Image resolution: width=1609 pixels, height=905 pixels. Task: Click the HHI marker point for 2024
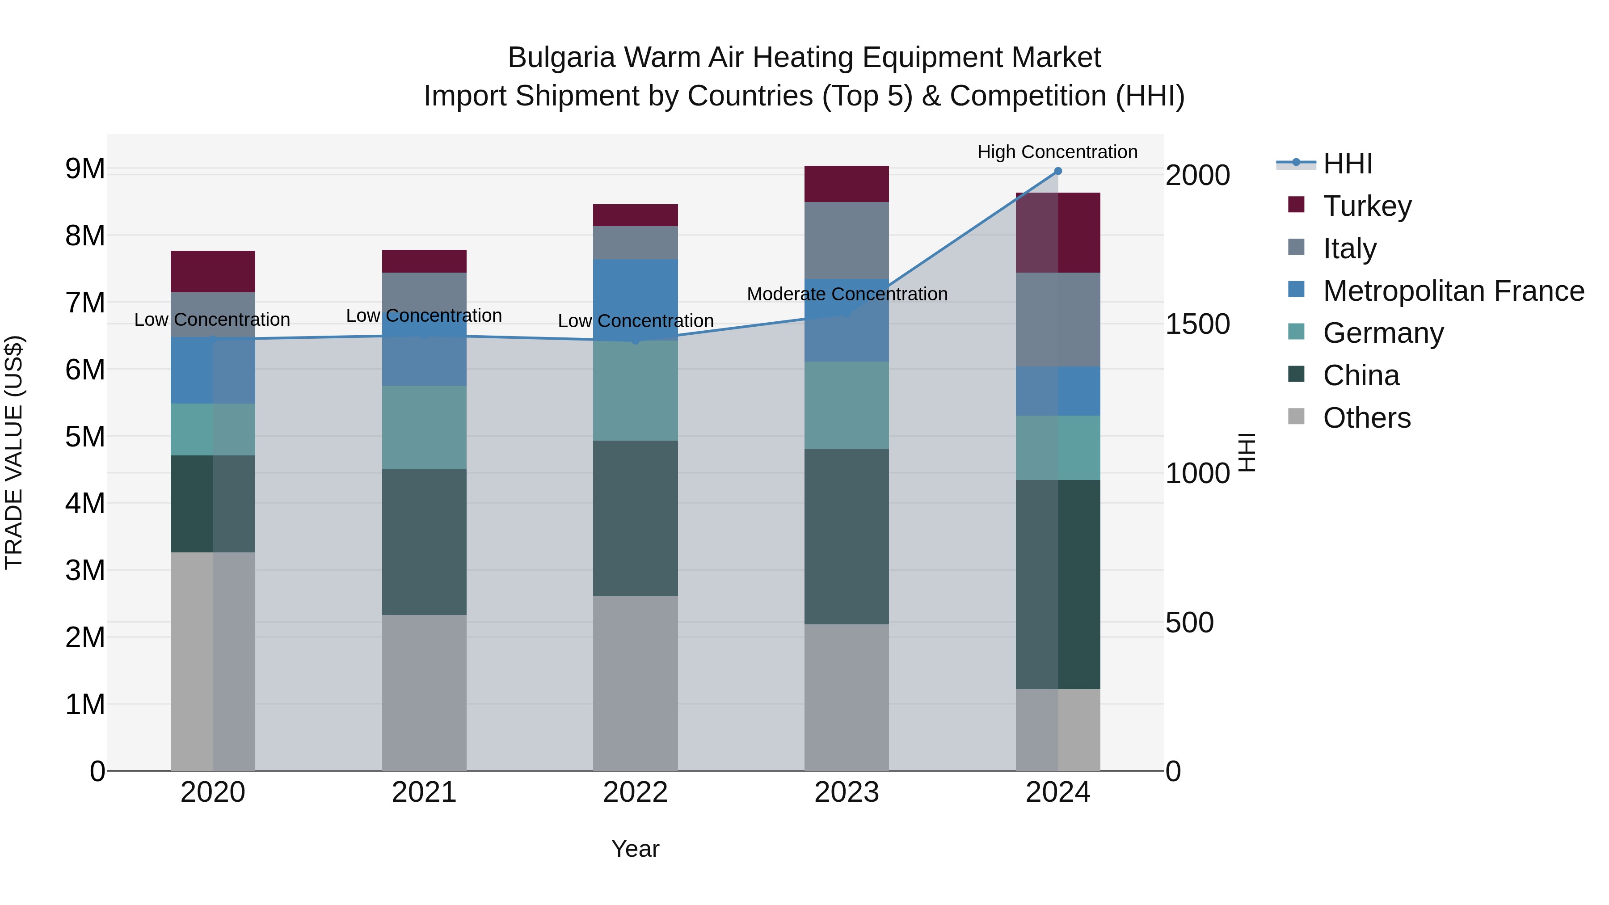[x=1057, y=171]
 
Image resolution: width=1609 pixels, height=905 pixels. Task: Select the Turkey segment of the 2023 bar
[x=847, y=184]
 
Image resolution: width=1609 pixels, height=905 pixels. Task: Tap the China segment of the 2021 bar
[x=424, y=542]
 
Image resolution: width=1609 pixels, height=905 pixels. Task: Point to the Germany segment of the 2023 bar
[x=847, y=405]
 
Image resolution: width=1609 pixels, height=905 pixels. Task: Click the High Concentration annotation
[x=1057, y=152]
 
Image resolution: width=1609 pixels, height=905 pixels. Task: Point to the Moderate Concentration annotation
[x=847, y=294]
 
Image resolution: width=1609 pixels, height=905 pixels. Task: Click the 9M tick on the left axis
[x=85, y=168]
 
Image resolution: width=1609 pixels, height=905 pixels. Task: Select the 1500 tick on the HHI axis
[x=1197, y=324]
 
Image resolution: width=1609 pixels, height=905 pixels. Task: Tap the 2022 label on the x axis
[x=635, y=792]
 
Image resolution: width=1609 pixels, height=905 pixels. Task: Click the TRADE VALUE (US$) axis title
[x=14, y=452]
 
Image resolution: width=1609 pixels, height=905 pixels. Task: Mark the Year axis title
[x=635, y=849]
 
